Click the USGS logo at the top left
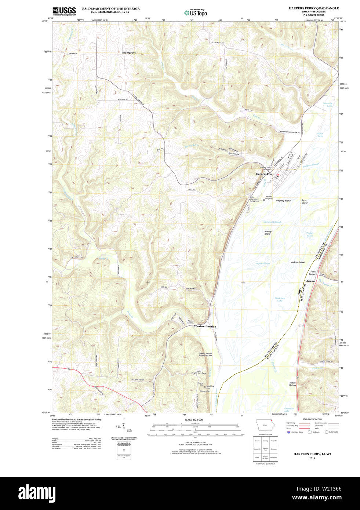click(x=64, y=11)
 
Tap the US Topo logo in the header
click(x=196, y=13)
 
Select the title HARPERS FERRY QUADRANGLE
click(x=313, y=8)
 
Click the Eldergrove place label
click(x=129, y=53)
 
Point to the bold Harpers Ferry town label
click(x=265, y=174)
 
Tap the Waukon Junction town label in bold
click(x=205, y=326)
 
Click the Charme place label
click(x=310, y=281)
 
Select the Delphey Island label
click(x=283, y=201)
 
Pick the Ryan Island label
click(x=304, y=202)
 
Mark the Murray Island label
click(x=268, y=233)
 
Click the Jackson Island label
click(x=298, y=262)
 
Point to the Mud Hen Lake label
click(x=280, y=299)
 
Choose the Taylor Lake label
click(x=310, y=234)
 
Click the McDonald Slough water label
click(x=272, y=222)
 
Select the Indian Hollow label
click(x=292, y=384)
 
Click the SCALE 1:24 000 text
click(x=193, y=419)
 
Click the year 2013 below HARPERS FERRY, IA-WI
click(x=312, y=458)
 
